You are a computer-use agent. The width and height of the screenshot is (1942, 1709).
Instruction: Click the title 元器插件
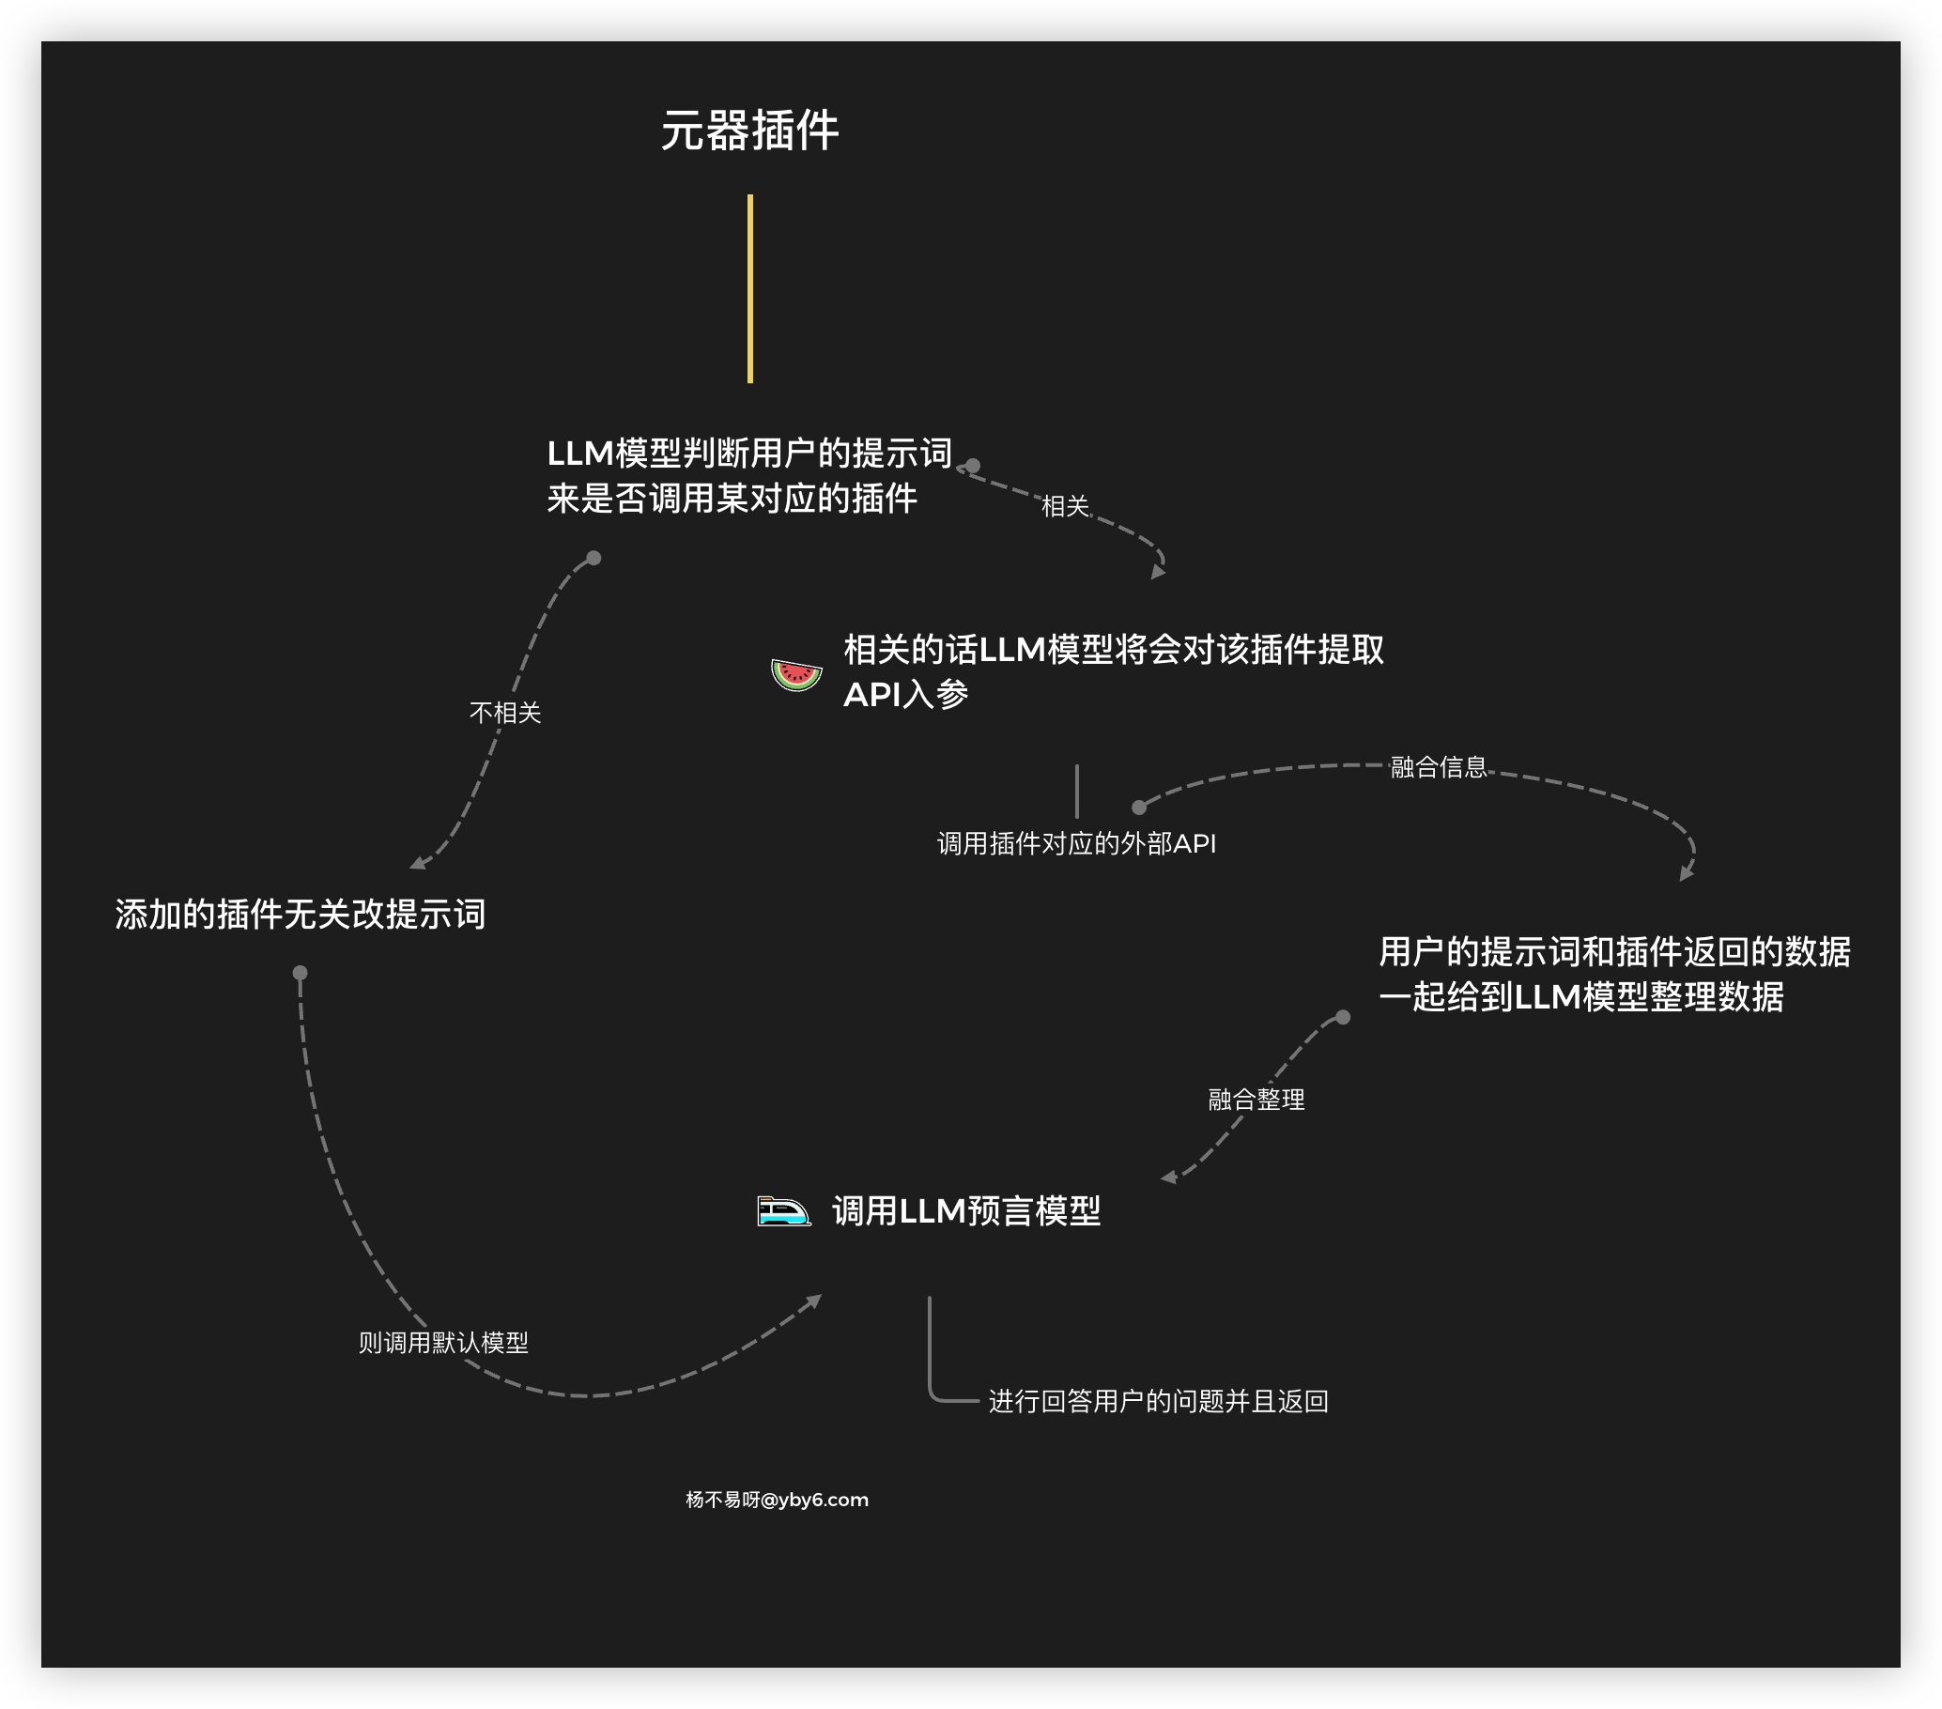(749, 131)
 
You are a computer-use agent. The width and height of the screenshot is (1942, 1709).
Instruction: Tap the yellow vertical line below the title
(749, 289)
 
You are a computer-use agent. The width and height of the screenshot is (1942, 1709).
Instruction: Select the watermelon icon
(796, 674)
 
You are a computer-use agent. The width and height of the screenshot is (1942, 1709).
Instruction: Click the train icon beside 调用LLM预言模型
(784, 1211)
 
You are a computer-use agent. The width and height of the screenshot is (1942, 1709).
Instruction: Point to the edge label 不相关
(504, 713)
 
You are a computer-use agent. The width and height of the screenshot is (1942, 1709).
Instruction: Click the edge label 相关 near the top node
(1064, 506)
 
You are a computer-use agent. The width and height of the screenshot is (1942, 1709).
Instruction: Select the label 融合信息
(1439, 766)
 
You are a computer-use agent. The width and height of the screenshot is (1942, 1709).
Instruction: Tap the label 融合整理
(1256, 1100)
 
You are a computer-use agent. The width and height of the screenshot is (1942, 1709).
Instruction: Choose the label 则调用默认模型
(442, 1342)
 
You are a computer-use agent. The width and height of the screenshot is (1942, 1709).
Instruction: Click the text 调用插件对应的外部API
(1076, 843)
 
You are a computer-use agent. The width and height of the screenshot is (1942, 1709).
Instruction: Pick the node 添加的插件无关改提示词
(301, 914)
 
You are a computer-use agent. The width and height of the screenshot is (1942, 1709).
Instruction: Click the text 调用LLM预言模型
(966, 1211)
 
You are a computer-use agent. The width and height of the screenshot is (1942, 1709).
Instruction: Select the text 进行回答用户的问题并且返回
(1158, 1401)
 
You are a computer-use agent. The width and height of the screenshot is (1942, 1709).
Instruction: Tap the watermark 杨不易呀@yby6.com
(778, 1499)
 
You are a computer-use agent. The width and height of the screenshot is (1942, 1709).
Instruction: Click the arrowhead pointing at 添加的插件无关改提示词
(416, 864)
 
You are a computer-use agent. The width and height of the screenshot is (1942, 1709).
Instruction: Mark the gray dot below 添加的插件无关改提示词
(301, 973)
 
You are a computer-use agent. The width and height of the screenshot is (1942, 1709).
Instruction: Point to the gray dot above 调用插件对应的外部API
(1139, 808)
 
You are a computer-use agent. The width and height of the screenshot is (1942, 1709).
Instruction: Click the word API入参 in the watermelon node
(905, 695)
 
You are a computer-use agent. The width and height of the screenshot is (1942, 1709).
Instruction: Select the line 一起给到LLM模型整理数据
(1581, 996)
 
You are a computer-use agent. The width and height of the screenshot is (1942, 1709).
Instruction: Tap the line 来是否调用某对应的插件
(732, 498)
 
